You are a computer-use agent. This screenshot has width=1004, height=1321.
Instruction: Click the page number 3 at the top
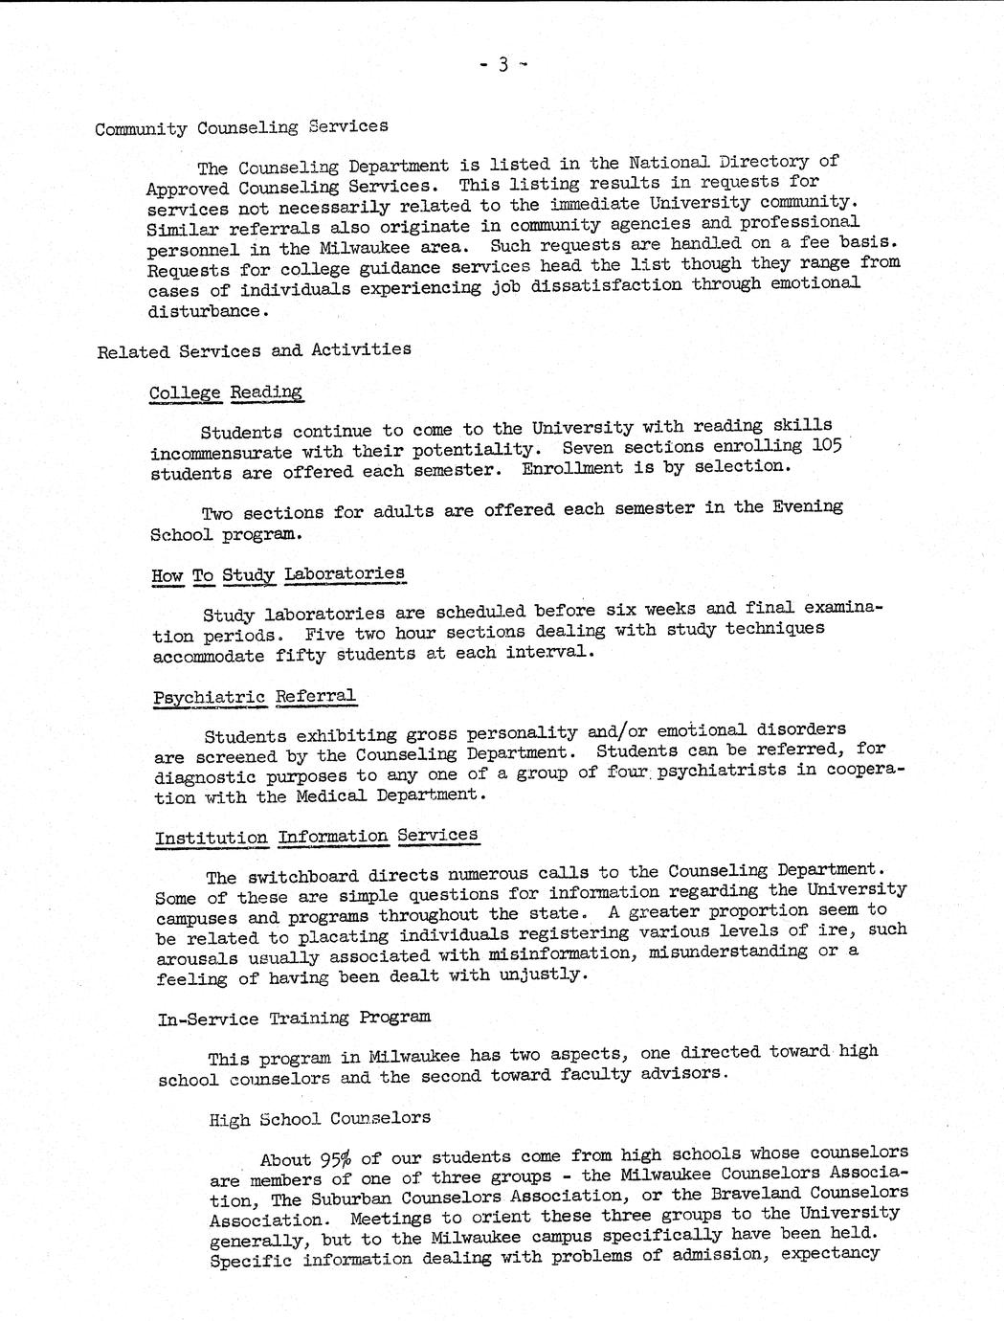tap(502, 65)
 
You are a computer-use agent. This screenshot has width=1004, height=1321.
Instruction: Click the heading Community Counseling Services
tap(241, 127)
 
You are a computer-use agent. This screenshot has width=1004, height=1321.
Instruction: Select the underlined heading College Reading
tap(226, 392)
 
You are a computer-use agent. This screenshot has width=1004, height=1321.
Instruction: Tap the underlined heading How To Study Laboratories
tap(278, 575)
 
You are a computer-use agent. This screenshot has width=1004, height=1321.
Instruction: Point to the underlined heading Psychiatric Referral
tap(254, 698)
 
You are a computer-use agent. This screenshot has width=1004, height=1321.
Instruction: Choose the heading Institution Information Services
tap(316, 837)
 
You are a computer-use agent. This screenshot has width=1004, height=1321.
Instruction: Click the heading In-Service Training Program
tap(294, 1019)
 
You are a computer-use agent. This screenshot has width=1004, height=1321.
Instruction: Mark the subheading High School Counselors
tap(320, 1118)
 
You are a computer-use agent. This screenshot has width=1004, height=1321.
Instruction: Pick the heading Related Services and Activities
tap(255, 350)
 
